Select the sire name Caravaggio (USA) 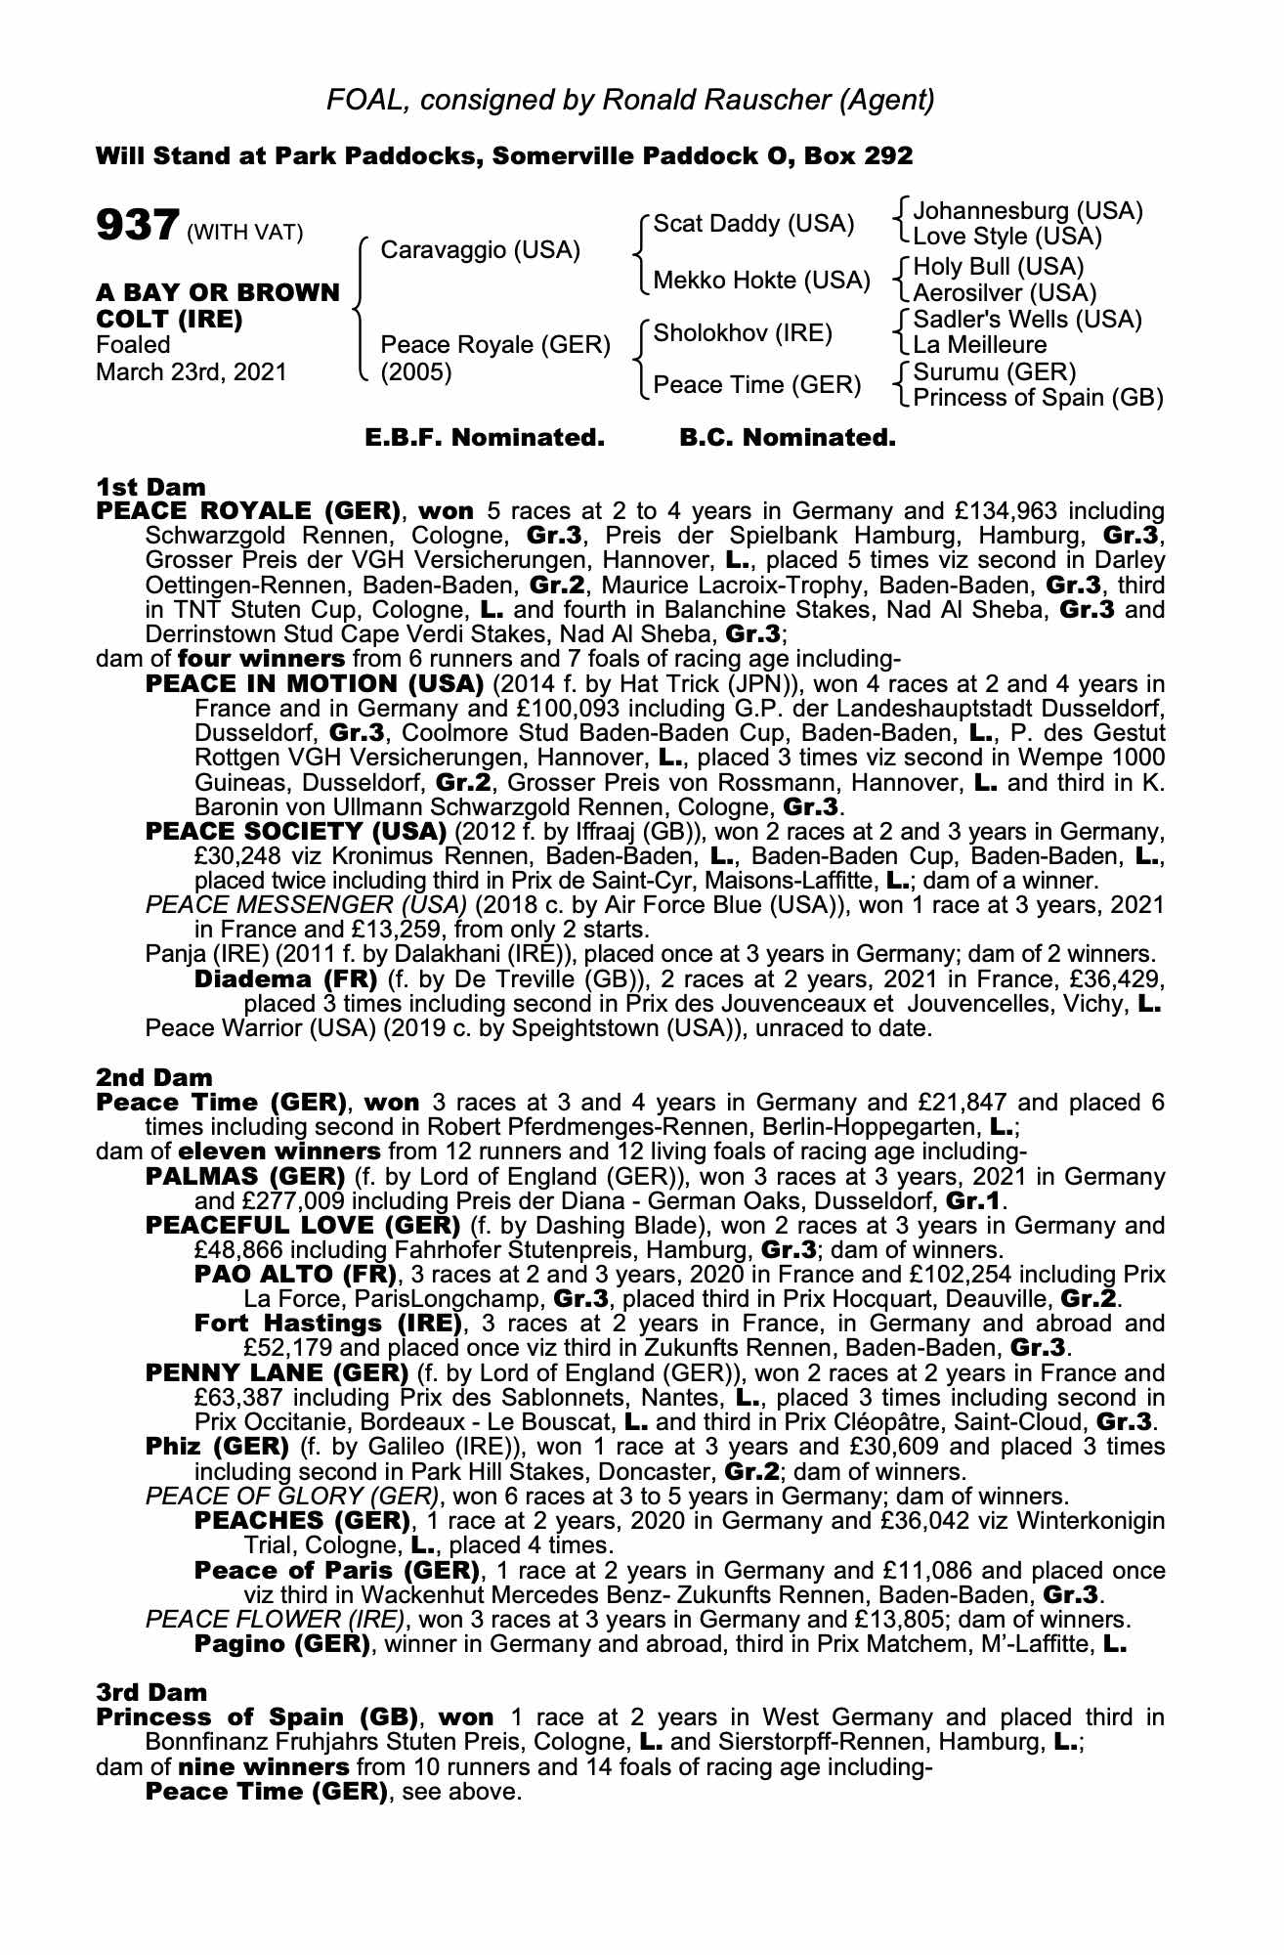480,250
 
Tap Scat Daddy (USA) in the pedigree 752,224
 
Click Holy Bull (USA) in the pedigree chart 999,266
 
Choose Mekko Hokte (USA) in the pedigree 761,281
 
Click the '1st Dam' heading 151,486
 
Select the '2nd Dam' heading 154,1077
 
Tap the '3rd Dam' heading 151,1692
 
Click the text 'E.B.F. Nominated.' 485,437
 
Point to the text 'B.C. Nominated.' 787,437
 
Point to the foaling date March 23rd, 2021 192,371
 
